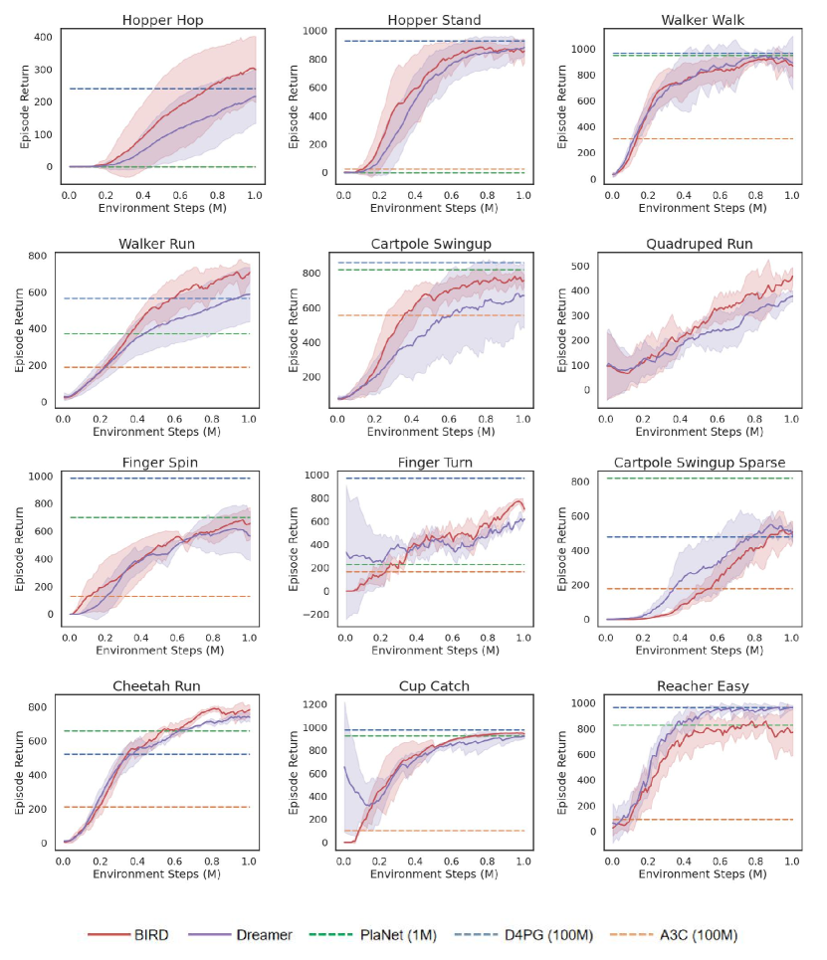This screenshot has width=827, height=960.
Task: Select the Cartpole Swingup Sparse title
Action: [698, 463]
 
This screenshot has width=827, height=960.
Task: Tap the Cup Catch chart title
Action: [434, 685]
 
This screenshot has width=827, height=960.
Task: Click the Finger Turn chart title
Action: [434, 463]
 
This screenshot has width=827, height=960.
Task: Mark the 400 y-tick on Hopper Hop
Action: [42, 37]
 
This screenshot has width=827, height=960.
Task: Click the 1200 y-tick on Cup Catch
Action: [314, 704]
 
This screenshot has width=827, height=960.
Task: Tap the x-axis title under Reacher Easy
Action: [702, 874]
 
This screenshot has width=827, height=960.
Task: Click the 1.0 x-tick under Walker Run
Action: [249, 420]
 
